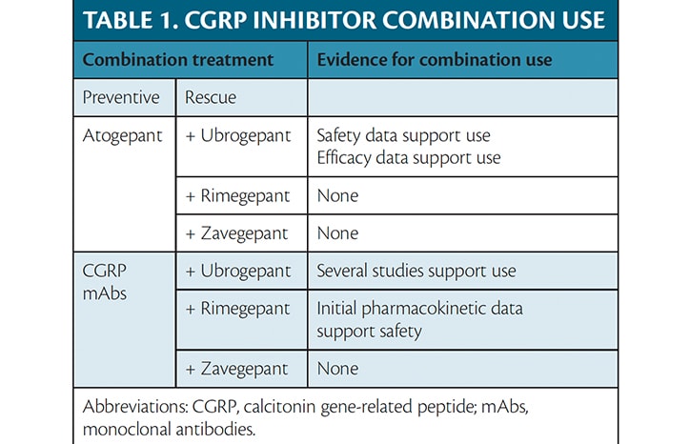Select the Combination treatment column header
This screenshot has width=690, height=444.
(178, 59)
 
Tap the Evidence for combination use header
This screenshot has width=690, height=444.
(435, 59)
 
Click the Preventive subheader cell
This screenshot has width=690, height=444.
(121, 97)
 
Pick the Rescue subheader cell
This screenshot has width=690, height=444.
(212, 97)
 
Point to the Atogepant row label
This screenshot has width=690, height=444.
(123, 135)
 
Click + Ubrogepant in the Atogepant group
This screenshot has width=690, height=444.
(238, 135)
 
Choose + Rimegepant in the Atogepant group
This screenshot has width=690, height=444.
(238, 195)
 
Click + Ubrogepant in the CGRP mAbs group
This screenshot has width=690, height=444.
(238, 272)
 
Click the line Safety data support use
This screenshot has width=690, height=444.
(403, 135)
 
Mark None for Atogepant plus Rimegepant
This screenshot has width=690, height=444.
(338, 195)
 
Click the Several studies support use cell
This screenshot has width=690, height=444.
(416, 272)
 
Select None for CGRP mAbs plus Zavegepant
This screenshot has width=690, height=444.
(338, 368)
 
